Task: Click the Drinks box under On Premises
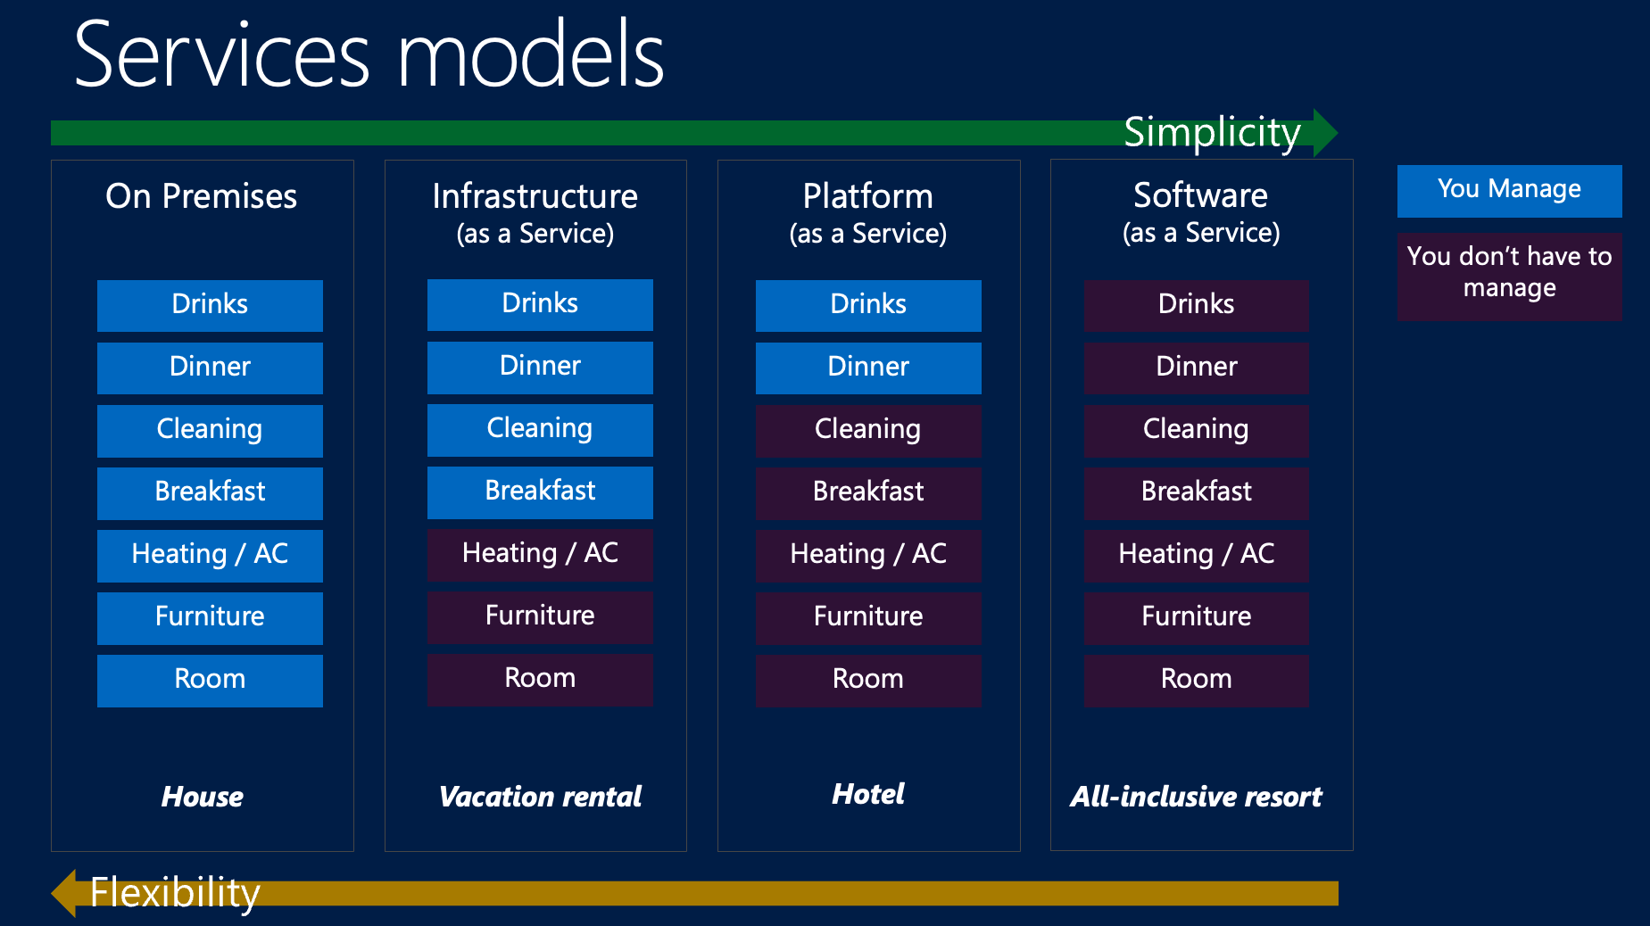[210, 305]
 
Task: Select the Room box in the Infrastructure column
[540, 679]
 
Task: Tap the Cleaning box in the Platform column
[867, 430]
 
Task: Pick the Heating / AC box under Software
[1196, 555]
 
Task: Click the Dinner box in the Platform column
[867, 368]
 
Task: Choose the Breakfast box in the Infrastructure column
[540, 492]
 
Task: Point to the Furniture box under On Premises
[210, 617]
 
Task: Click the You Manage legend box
[1509, 190]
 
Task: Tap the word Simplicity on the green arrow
[1211, 133]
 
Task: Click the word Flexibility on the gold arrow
[175, 892]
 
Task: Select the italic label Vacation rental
[540, 797]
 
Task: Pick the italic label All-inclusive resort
[1196, 797]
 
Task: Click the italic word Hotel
[867, 794]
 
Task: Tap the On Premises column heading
[202, 196]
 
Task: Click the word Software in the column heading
[1200, 195]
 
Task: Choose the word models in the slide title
[531, 55]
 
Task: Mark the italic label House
[203, 797]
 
